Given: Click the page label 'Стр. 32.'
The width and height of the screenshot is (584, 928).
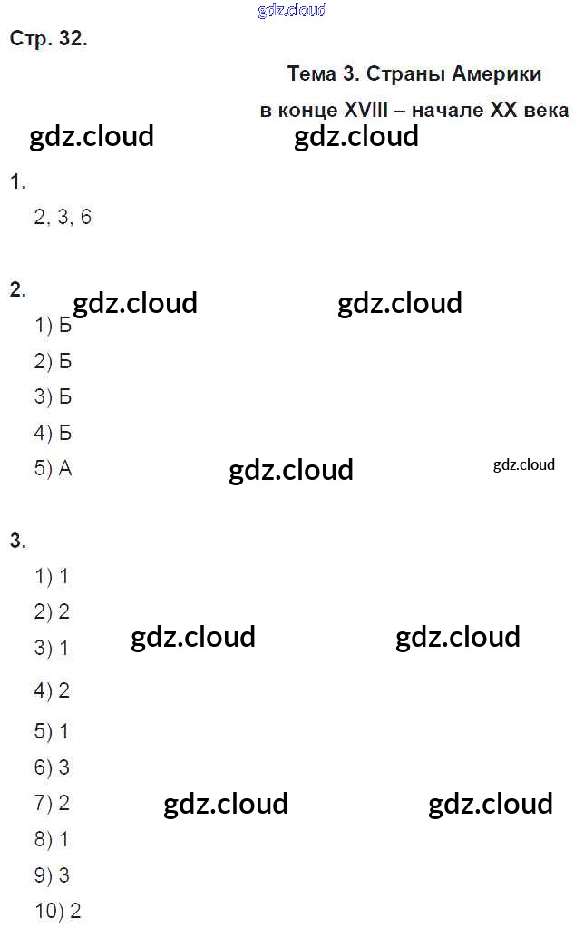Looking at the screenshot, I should [48, 39].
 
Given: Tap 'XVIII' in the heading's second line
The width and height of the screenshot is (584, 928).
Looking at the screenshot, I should [366, 111].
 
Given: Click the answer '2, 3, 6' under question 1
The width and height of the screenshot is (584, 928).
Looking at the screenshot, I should [63, 218].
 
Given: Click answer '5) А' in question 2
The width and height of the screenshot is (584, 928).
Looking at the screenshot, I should [53, 469].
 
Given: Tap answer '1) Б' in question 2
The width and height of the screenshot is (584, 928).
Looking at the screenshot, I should [53, 326].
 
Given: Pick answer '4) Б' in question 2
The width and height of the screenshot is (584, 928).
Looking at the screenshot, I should [53, 433].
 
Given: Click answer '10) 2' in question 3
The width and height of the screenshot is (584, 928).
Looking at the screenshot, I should [58, 911].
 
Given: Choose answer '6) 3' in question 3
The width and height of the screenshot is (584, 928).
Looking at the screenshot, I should [52, 767].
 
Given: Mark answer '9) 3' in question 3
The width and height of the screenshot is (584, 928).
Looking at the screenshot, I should [52, 875].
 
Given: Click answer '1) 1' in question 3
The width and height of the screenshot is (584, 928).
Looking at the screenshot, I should [52, 576].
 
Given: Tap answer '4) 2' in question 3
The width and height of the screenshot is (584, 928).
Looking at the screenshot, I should [52, 690].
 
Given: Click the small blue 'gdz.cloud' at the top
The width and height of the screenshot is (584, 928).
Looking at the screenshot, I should [292, 11].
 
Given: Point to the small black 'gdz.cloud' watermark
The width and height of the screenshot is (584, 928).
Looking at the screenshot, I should [523, 465].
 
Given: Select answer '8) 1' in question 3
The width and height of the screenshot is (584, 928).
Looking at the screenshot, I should [52, 839].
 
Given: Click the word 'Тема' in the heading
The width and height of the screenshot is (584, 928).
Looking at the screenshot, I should [312, 73].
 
